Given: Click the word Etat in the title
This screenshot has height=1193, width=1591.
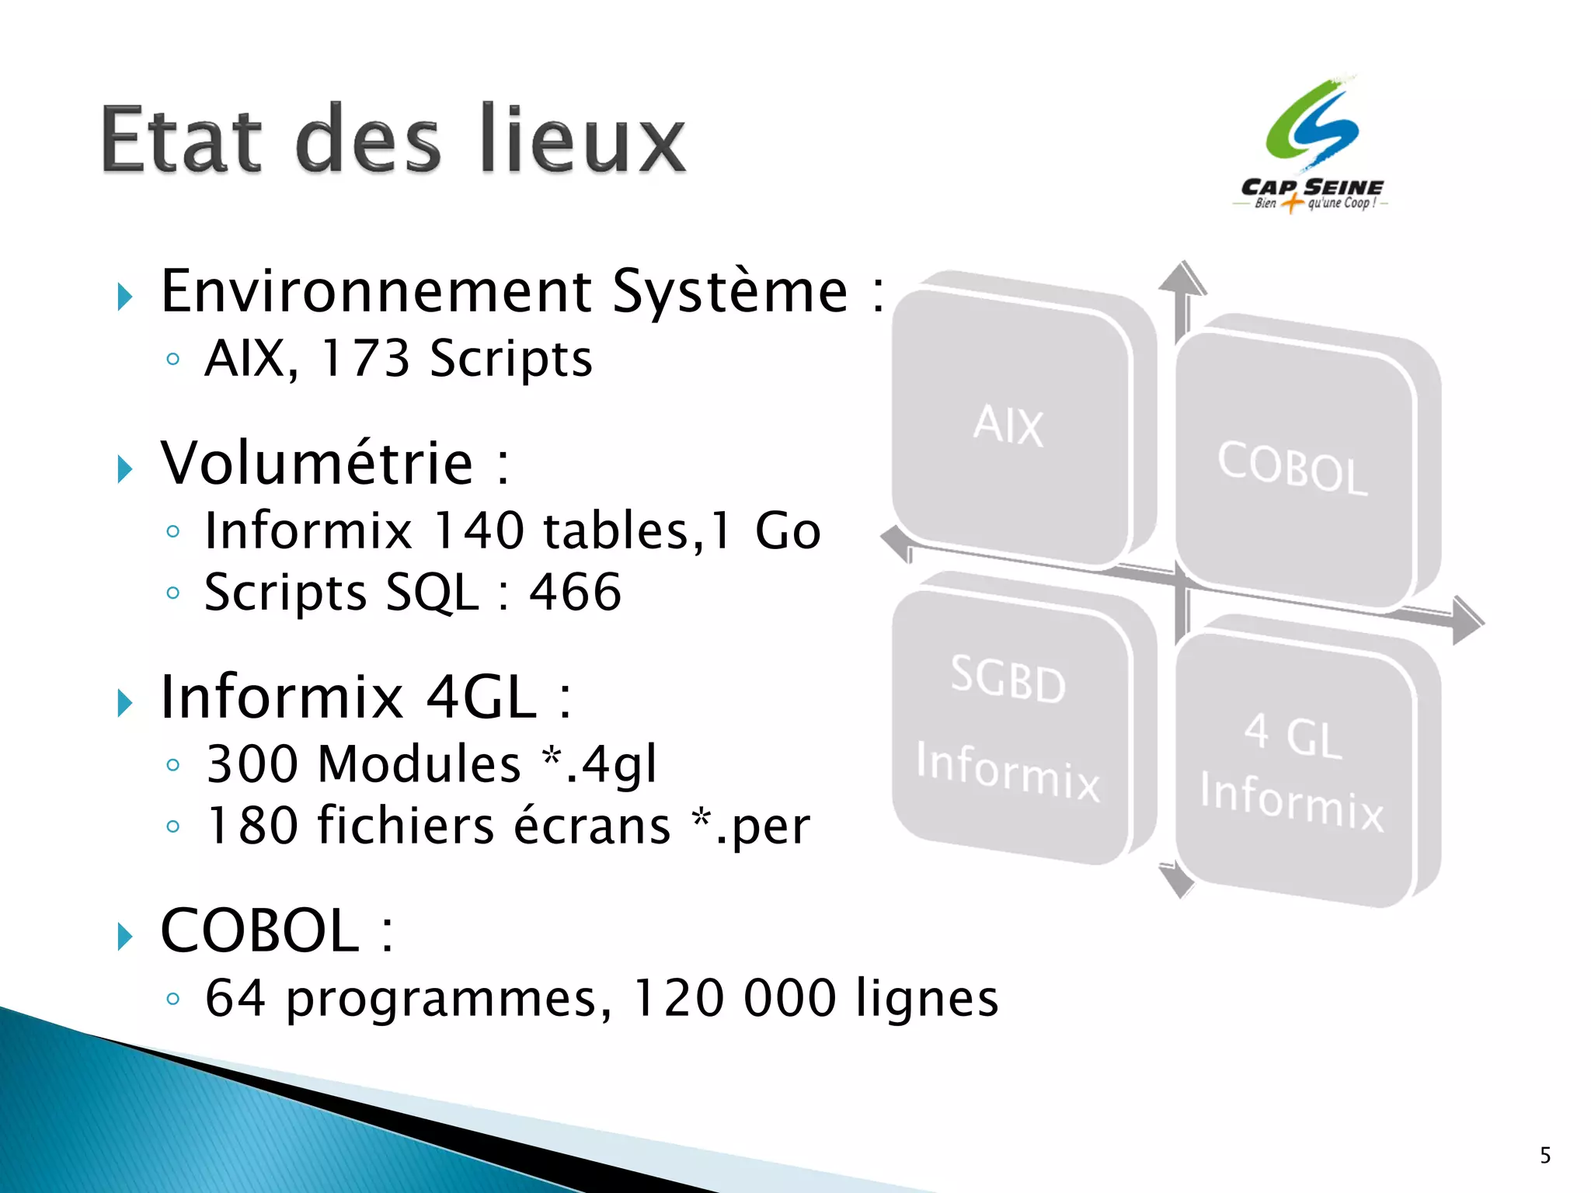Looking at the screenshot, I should coord(180,140).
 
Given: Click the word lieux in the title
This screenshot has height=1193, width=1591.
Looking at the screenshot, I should coord(583,140).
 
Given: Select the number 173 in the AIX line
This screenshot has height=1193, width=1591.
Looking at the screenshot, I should coord(364,359).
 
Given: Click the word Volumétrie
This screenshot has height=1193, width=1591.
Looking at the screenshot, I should coord(317,464).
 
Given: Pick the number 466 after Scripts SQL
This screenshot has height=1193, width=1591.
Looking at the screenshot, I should coord(575,593).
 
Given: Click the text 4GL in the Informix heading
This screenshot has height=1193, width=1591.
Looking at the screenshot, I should coord(482,697).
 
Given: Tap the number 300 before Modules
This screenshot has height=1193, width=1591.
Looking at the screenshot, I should coord(252,764).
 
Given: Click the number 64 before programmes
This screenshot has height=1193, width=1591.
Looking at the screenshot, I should coord(235,998).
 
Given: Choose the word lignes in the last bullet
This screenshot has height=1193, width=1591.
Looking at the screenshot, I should coord(926,1000).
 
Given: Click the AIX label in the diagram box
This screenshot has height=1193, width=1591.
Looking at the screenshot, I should coord(1008,425).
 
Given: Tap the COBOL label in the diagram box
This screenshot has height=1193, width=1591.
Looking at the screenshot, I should coord(1291,468).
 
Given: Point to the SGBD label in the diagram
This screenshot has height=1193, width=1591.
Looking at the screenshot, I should coord(1008,679).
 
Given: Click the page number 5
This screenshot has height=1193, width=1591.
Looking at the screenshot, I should coord(1545,1156).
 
